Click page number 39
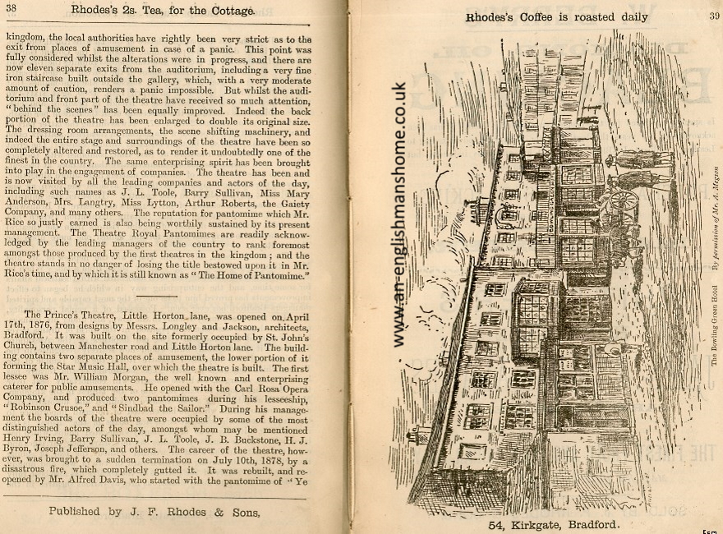pyautogui.click(x=713, y=14)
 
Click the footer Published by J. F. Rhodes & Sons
pyautogui.click(x=154, y=512)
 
